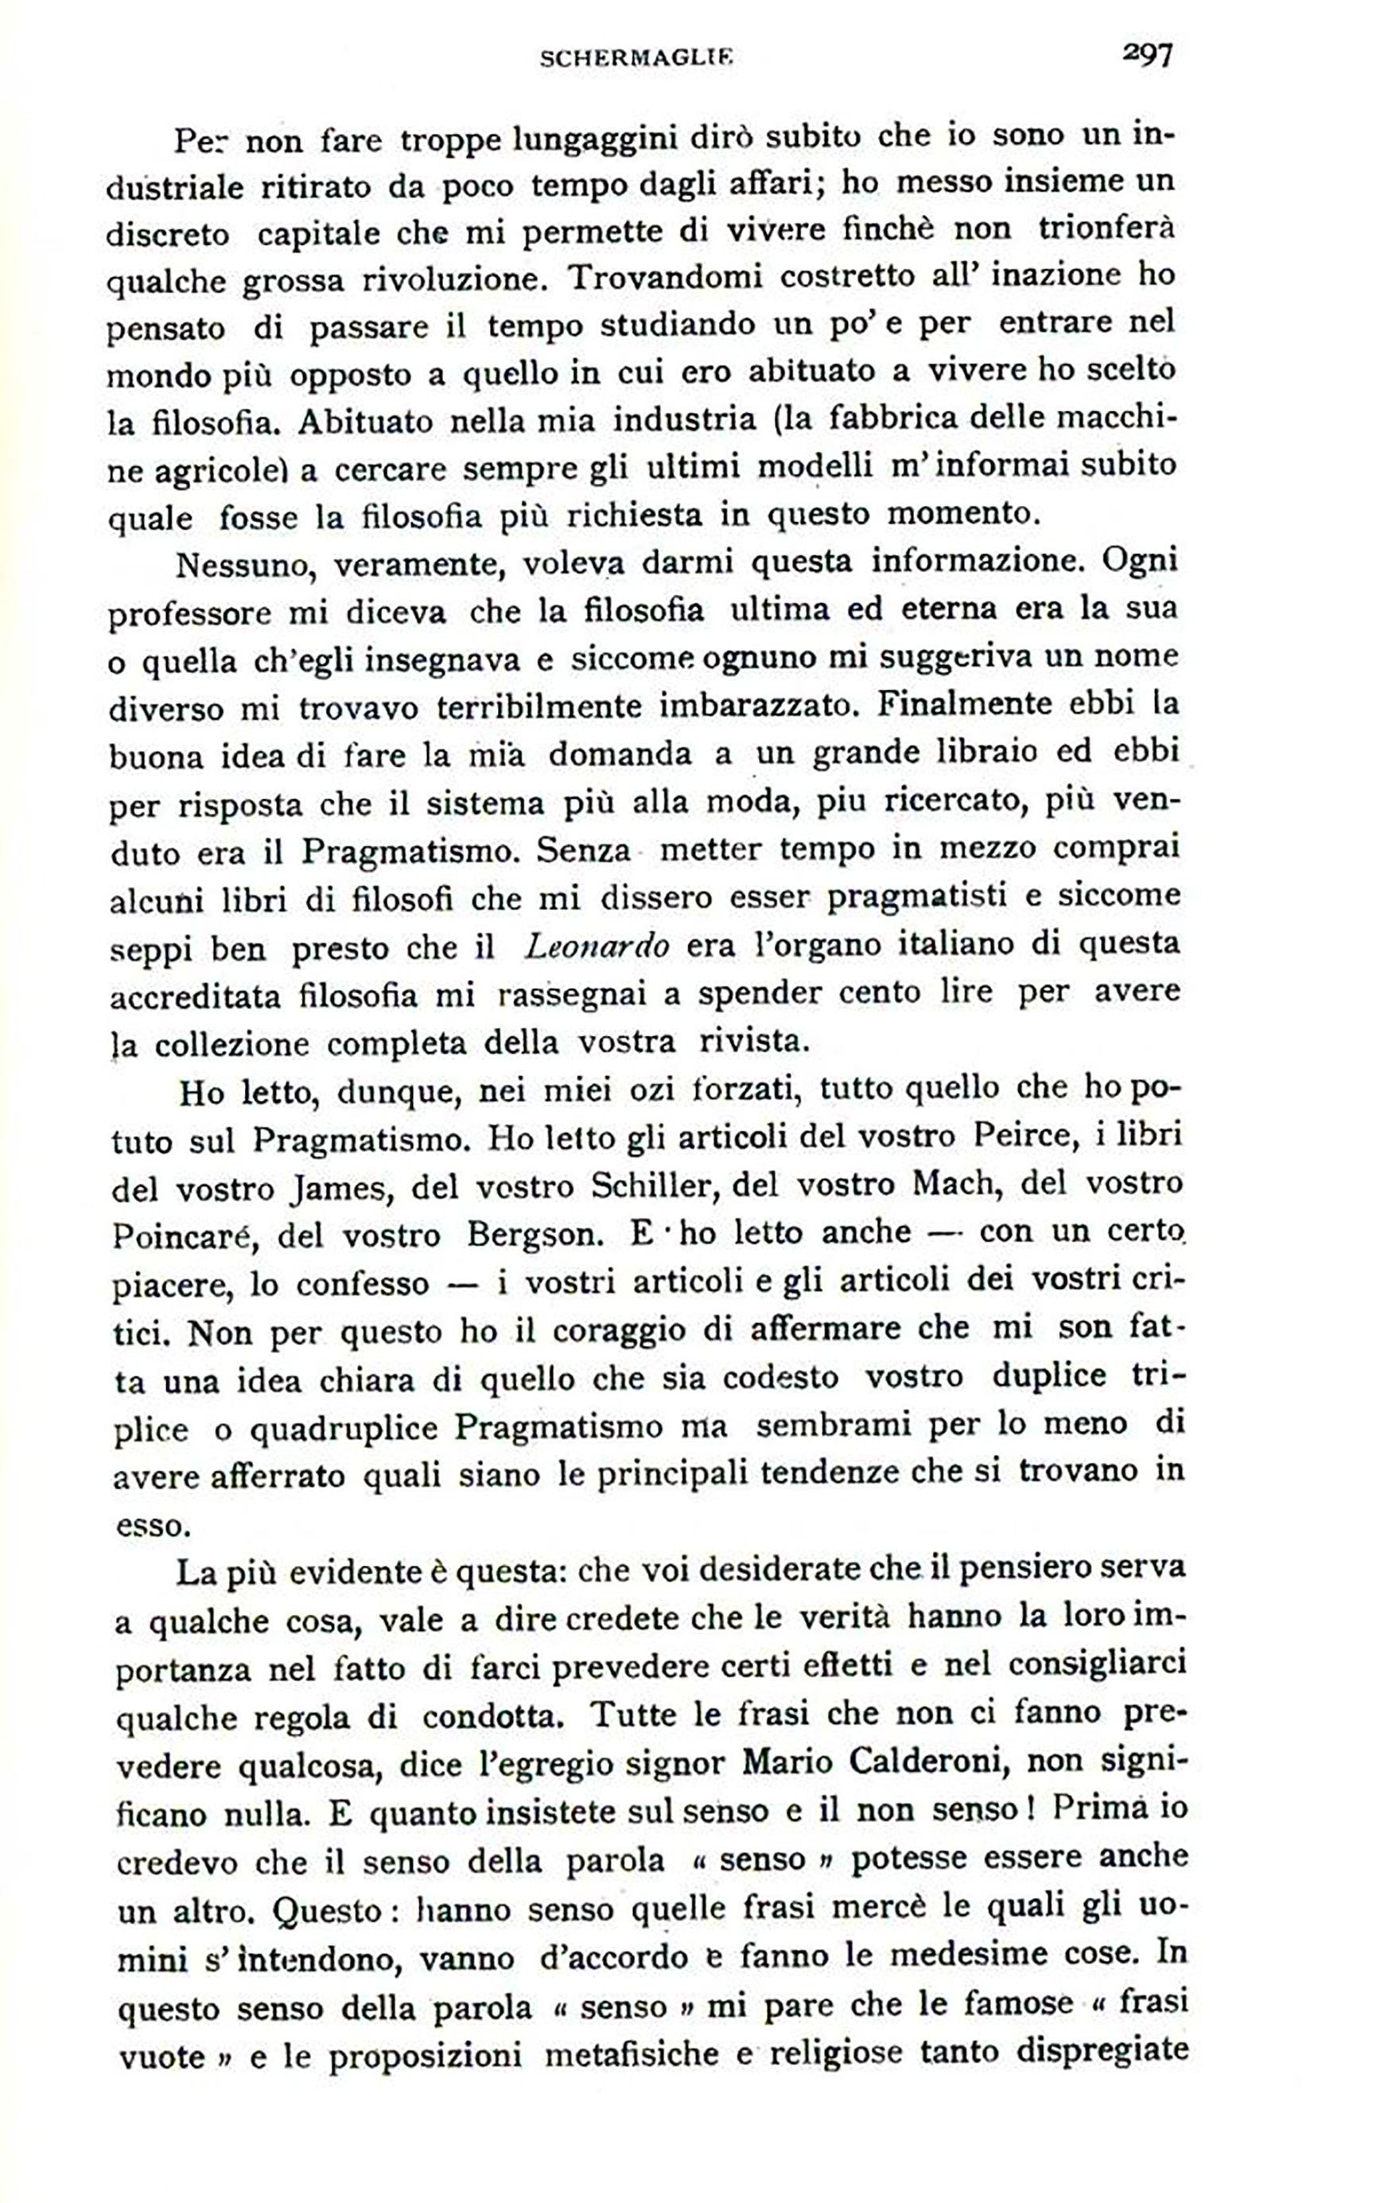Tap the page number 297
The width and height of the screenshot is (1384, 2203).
coord(1147,56)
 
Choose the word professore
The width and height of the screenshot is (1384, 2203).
coord(189,613)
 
